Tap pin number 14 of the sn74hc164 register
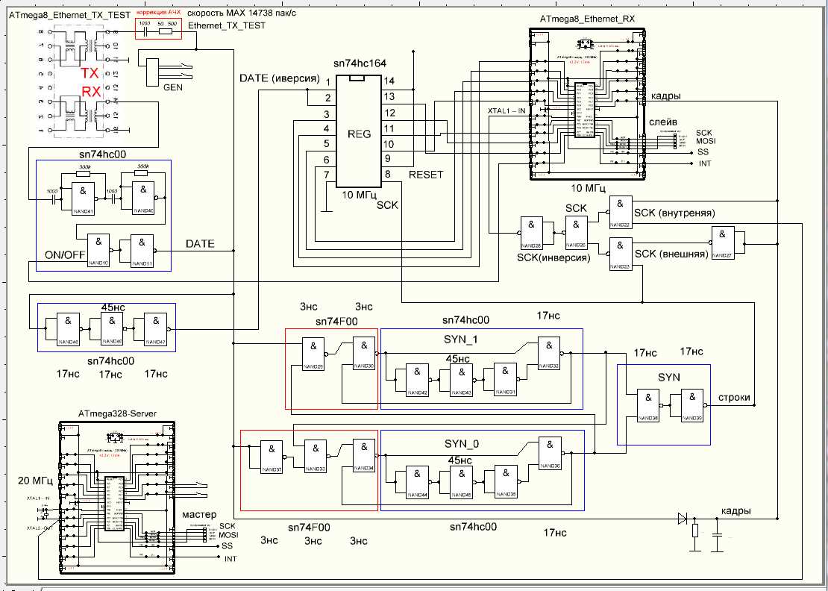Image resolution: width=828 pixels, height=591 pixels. [x=389, y=80]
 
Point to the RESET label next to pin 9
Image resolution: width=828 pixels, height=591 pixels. [x=425, y=175]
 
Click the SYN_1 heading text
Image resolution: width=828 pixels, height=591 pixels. [x=460, y=340]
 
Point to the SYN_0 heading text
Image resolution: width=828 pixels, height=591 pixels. [x=460, y=444]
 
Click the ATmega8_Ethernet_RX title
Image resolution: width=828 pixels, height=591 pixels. [x=586, y=19]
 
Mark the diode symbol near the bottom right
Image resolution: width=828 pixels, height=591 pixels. [x=681, y=518]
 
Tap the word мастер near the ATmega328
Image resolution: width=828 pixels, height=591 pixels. [x=199, y=515]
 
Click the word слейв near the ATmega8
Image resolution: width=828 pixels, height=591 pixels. [x=663, y=121]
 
